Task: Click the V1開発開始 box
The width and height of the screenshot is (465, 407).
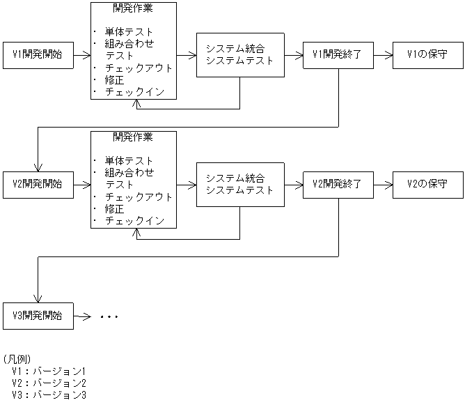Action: (38, 54)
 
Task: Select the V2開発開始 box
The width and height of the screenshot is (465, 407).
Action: (38, 185)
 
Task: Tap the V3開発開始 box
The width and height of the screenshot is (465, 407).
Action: (38, 316)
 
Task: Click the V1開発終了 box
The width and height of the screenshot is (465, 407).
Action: (338, 54)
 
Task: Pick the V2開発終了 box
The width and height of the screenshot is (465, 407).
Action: (338, 185)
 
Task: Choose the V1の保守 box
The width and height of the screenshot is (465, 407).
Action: (427, 54)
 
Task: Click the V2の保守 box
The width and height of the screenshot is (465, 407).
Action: (427, 185)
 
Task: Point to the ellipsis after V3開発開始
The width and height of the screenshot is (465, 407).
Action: (109, 317)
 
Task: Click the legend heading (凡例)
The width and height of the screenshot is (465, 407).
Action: (17, 359)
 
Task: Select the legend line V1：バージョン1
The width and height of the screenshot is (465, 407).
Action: (48, 371)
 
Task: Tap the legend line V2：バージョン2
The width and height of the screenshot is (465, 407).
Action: (48, 383)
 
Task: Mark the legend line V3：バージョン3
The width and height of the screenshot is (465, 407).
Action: (48, 395)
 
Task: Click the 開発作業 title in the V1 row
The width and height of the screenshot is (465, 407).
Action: (133, 8)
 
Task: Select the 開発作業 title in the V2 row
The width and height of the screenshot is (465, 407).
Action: (133, 137)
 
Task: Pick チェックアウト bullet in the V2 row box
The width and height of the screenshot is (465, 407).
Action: (139, 197)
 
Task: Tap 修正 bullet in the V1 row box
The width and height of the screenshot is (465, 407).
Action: (115, 80)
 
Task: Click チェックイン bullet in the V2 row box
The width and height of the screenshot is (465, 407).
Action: (134, 221)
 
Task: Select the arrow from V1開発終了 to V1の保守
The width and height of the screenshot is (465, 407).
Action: (382, 54)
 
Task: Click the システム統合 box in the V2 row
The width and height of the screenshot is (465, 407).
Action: (240, 185)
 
